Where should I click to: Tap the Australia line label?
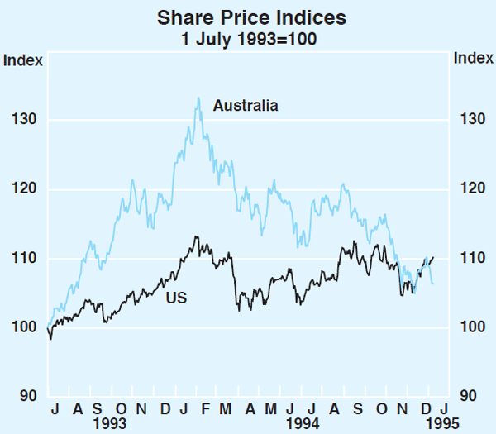pos(246,105)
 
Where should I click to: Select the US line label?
pos(177,298)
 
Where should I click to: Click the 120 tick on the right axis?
pos(467,189)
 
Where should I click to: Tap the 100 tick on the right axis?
pos(467,327)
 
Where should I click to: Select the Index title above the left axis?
pos(20,59)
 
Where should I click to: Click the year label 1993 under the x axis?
pos(109,423)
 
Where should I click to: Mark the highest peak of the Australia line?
pos(198,98)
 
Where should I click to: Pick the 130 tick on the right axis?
pos(467,120)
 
